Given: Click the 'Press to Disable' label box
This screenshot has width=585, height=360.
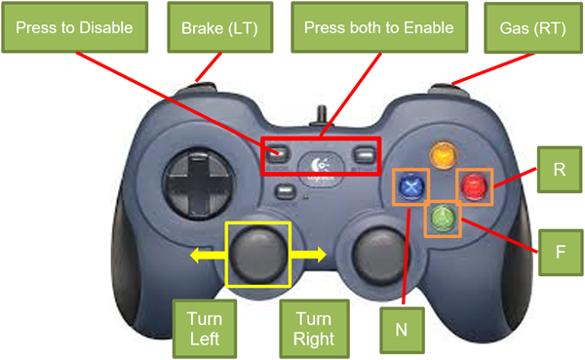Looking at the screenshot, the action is pyautogui.click(x=75, y=27).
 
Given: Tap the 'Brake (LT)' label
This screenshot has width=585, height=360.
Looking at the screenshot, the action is pyautogui.click(x=220, y=27).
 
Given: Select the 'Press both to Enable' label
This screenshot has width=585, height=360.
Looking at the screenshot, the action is pyautogui.click(x=379, y=27).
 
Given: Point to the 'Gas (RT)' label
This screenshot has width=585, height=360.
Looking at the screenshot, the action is pyautogui.click(x=533, y=28).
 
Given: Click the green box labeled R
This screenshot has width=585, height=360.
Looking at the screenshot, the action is pyautogui.click(x=560, y=170).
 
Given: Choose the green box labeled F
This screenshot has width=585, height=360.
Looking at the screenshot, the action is pyautogui.click(x=561, y=253).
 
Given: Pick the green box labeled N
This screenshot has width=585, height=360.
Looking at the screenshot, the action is pyautogui.click(x=402, y=330).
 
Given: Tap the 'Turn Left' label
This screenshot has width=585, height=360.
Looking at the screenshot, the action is pyautogui.click(x=205, y=329).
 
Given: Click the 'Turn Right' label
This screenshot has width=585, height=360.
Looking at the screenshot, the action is pyautogui.click(x=314, y=329).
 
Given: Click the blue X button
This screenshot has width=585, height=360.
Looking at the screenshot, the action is pyautogui.click(x=411, y=186).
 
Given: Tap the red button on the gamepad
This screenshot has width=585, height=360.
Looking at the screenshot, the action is pyautogui.click(x=474, y=186).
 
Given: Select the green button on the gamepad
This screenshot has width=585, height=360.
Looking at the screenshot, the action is pyautogui.click(x=443, y=219).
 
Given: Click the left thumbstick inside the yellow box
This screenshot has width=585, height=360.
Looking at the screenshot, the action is pyautogui.click(x=257, y=255).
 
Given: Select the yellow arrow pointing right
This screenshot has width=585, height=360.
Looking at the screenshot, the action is pyautogui.click(x=308, y=255).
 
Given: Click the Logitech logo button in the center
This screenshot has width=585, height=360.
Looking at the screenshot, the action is pyautogui.click(x=321, y=165).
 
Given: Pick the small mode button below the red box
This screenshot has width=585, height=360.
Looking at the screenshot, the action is pyautogui.click(x=286, y=192).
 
